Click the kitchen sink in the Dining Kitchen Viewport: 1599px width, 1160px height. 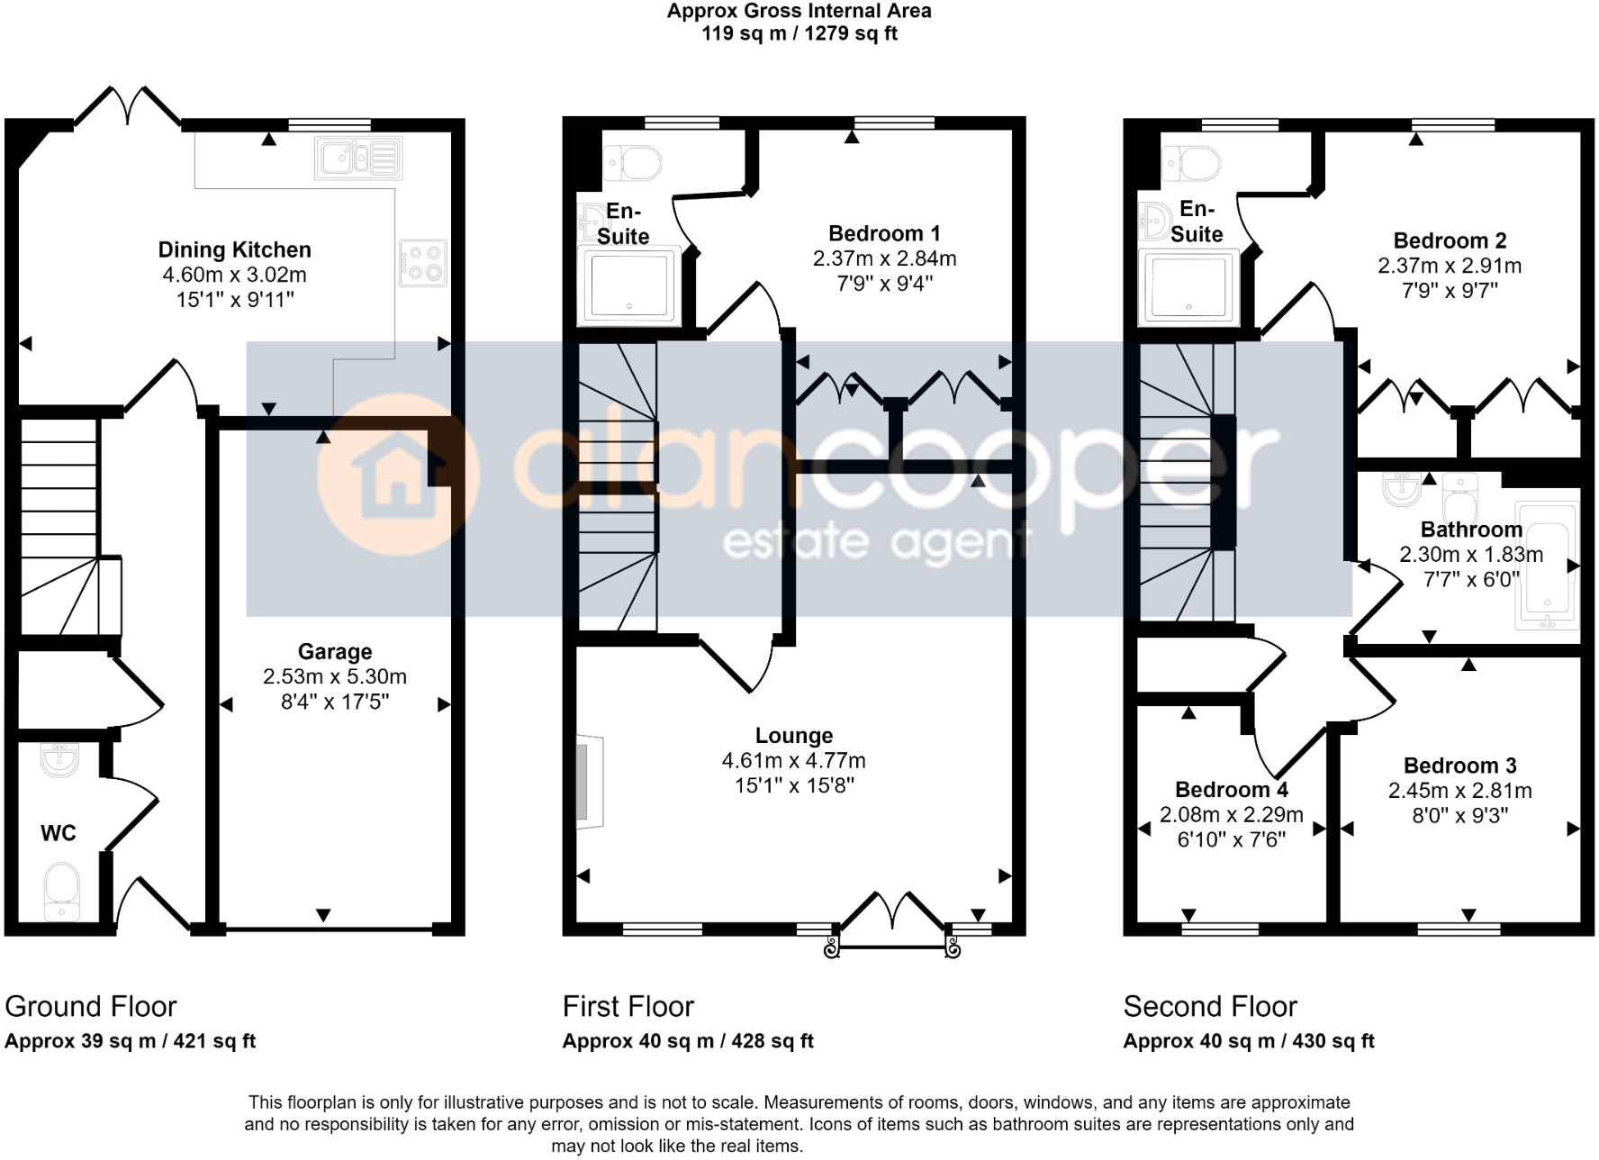pyautogui.click(x=358, y=159)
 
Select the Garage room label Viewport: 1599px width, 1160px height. pyautogui.click(x=334, y=651)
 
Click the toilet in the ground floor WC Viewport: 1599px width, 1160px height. pyautogui.click(x=61, y=892)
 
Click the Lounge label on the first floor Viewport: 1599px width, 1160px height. pyautogui.click(x=793, y=736)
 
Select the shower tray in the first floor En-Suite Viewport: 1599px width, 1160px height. pyautogui.click(x=629, y=285)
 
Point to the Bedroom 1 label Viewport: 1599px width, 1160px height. pyautogui.click(x=883, y=234)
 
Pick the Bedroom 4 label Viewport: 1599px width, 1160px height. pyautogui.click(x=1231, y=790)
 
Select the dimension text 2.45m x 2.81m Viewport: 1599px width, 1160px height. pyautogui.click(x=1459, y=791)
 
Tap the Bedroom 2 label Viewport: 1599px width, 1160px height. pyautogui.click(x=1449, y=240)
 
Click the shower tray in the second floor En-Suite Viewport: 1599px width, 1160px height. pyautogui.click(x=1188, y=286)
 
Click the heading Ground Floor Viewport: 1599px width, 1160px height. pyautogui.click(x=90, y=1006)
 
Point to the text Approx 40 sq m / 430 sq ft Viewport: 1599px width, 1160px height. pyautogui.click(x=1248, y=1041)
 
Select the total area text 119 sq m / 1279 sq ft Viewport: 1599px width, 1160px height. pyautogui.click(x=799, y=34)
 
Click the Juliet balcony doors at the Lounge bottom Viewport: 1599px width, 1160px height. pyautogui.click(x=892, y=914)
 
